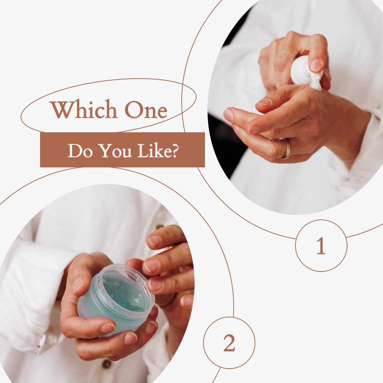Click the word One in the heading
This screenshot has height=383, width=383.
click(x=146, y=110)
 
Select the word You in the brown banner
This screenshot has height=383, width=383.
click(x=116, y=151)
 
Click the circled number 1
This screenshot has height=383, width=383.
click(x=321, y=246)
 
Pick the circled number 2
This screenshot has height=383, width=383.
click(x=229, y=343)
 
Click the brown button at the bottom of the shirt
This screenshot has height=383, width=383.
click(x=107, y=364)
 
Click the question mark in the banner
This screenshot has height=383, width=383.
click(x=174, y=151)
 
